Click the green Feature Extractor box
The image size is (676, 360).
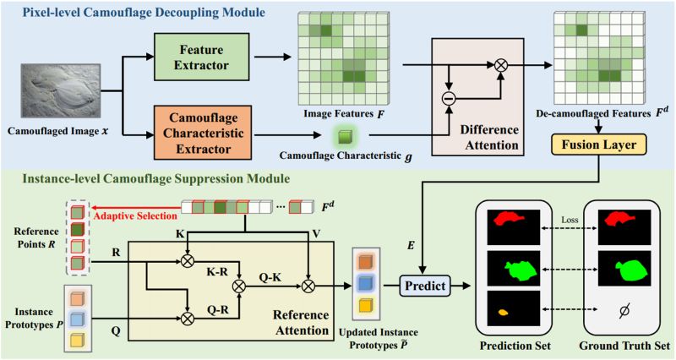click(x=202, y=57)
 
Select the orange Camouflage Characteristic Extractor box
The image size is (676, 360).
click(x=203, y=134)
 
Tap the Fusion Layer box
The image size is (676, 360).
click(x=599, y=145)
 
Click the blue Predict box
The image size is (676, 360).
click(x=425, y=286)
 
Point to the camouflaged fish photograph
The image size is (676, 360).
click(x=61, y=91)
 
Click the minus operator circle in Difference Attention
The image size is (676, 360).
click(x=449, y=99)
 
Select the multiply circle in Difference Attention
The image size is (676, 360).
click(x=500, y=65)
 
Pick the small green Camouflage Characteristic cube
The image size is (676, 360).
click(x=345, y=135)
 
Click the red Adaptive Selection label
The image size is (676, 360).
click(x=135, y=216)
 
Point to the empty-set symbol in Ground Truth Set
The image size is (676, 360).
click(x=624, y=310)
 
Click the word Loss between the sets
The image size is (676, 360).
click(x=569, y=220)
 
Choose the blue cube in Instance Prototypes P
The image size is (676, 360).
click(x=78, y=319)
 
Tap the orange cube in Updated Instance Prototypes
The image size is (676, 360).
click(x=367, y=262)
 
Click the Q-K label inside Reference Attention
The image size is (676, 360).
click(x=270, y=277)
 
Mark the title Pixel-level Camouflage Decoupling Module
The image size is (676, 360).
click(x=144, y=12)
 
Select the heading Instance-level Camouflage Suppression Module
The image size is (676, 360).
click(x=156, y=178)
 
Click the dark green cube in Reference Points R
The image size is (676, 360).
click(x=77, y=229)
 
